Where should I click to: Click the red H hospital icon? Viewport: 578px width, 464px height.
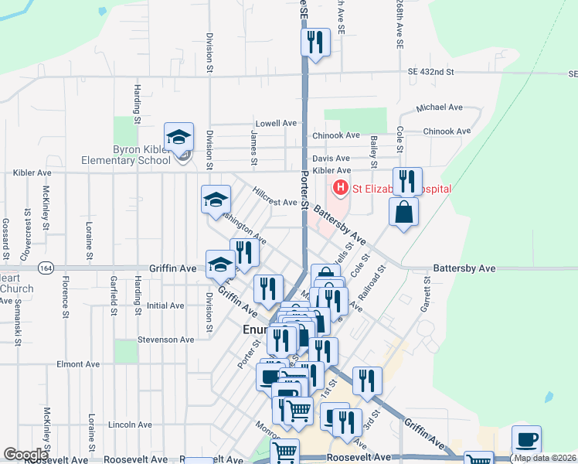point(339,188)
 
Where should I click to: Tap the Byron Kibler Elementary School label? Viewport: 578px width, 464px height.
point(126,155)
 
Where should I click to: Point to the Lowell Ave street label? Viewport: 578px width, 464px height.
point(277,123)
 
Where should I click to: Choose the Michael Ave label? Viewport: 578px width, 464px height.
point(439,107)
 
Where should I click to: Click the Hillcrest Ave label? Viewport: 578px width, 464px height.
point(274,202)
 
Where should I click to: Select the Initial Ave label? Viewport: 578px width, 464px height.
point(165,305)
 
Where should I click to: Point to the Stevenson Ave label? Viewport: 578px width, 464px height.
point(165,339)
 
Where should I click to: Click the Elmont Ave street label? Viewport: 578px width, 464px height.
point(78,364)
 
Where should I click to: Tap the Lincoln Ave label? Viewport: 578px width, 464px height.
point(130,425)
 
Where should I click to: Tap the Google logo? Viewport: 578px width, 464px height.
point(26,455)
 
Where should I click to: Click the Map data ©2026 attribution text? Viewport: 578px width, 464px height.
point(545,458)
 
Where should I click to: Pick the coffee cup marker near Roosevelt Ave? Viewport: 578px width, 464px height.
point(526,439)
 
